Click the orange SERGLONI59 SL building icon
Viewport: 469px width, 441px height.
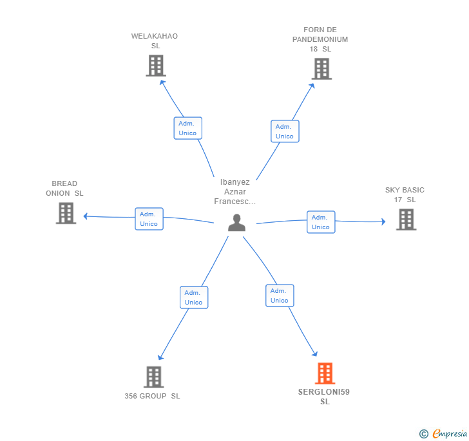tap(325, 373)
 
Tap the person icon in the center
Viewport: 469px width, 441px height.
tap(236, 223)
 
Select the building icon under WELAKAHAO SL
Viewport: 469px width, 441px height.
tap(156, 66)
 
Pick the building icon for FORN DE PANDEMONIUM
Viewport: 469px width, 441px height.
tap(321, 69)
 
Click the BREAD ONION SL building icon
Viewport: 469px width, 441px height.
tap(66, 213)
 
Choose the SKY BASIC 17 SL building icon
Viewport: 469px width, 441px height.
tap(406, 220)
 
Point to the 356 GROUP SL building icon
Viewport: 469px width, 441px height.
tap(154, 377)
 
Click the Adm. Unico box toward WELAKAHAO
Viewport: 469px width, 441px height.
tap(188, 128)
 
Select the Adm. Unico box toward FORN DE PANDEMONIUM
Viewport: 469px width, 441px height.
tap(285, 131)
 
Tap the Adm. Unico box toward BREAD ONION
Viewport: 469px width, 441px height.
tap(149, 219)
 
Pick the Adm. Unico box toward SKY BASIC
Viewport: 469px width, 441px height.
tap(321, 222)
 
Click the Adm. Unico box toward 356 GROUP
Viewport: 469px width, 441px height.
tap(194, 297)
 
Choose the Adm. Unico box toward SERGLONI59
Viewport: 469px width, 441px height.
tap(280, 296)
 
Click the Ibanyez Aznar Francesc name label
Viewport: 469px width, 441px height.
tap(235, 192)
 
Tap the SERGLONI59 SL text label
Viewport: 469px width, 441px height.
tap(324, 397)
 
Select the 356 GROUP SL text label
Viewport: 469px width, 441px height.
tap(152, 396)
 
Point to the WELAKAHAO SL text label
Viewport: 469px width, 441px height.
tap(155, 41)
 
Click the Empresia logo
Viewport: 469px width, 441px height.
tap(443, 433)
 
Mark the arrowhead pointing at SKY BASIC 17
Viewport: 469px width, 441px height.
tap(383, 221)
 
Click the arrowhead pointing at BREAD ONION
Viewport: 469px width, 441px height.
tap(85, 216)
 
